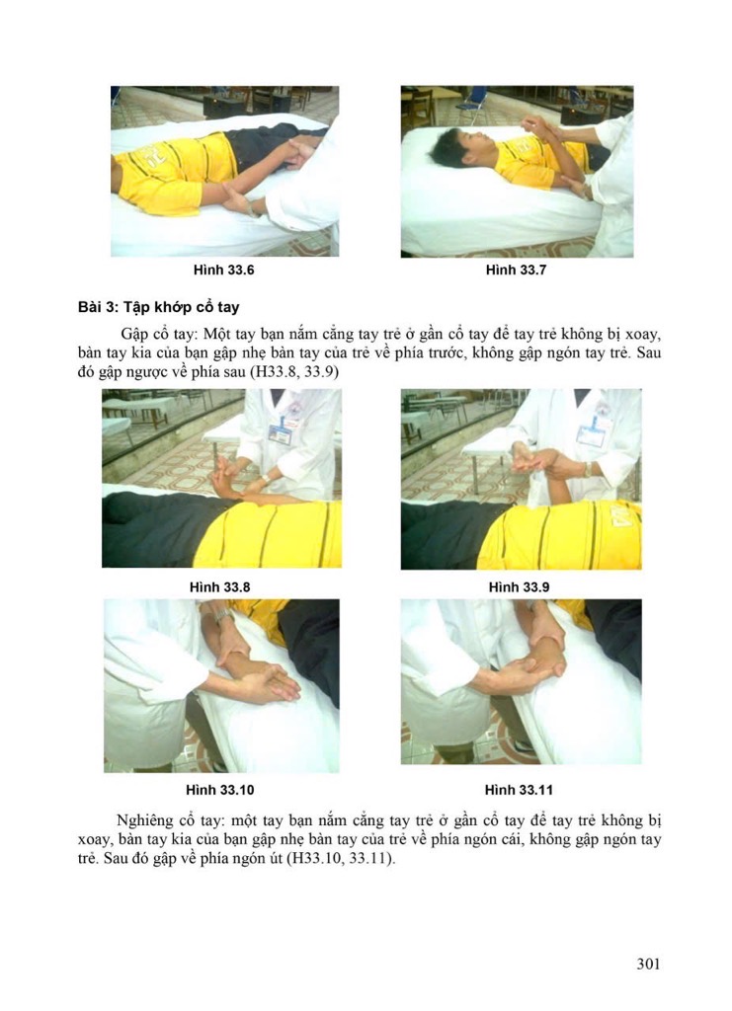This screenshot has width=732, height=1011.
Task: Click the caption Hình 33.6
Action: coord(223,271)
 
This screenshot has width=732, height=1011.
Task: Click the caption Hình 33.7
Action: coord(516,271)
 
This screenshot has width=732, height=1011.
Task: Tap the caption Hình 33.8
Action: coord(219,587)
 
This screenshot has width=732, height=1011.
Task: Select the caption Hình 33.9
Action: coord(519,587)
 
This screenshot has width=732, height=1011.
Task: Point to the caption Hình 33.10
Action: coord(220,790)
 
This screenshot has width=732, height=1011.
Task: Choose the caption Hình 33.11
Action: coord(519,790)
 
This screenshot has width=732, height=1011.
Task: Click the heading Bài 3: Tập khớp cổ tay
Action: coord(159,307)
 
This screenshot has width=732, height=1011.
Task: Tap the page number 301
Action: coord(648,964)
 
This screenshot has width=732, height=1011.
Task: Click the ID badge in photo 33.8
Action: coord(280,427)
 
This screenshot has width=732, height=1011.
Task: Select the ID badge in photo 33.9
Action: coord(588,434)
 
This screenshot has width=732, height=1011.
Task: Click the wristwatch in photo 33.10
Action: coord(223,615)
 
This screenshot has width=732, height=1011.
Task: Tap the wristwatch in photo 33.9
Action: coord(588,469)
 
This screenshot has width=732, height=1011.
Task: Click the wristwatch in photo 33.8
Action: coord(265,479)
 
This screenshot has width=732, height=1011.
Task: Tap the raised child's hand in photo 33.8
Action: coord(224,473)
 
